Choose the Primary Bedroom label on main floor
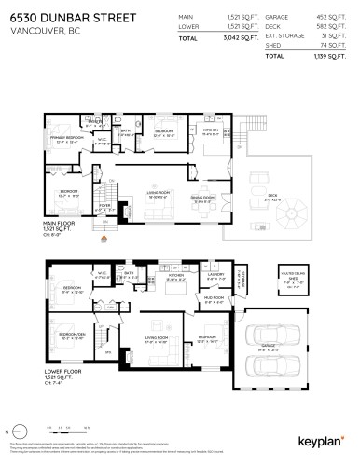71,140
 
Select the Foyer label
104,207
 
